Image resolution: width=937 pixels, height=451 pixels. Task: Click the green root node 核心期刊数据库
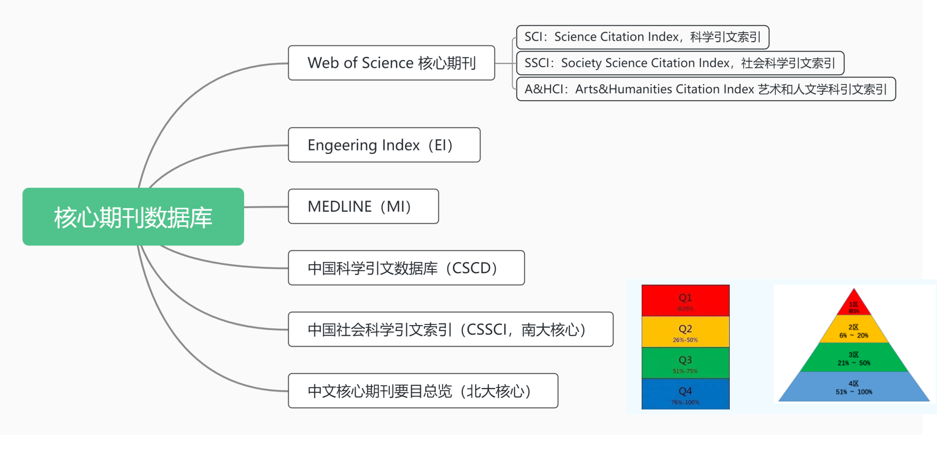click(x=133, y=217)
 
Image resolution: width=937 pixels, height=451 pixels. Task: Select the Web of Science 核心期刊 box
click(x=391, y=63)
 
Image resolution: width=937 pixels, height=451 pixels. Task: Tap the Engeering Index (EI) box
click(x=384, y=145)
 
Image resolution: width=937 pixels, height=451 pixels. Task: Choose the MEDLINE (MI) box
click(x=363, y=206)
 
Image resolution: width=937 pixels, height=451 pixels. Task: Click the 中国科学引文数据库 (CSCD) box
click(x=406, y=267)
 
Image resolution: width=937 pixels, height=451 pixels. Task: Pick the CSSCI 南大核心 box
click(x=450, y=329)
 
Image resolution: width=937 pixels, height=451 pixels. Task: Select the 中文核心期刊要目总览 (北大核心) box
click(x=423, y=391)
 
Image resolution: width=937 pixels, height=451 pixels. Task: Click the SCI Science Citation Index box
click(x=642, y=37)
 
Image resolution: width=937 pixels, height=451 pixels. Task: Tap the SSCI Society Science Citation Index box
click(x=680, y=63)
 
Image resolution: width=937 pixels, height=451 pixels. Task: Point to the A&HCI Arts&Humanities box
click(x=705, y=89)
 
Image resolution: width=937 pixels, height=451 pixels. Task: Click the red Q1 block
click(x=685, y=300)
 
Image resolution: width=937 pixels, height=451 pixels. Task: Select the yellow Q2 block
click(x=685, y=332)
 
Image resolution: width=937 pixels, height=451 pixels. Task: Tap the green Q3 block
click(x=685, y=363)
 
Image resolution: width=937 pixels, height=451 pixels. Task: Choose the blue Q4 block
click(x=685, y=394)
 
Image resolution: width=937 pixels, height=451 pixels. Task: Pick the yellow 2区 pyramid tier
click(x=854, y=330)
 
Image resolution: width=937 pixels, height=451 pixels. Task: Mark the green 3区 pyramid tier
click(x=854, y=358)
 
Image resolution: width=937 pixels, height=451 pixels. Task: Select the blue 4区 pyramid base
click(x=854, y=387)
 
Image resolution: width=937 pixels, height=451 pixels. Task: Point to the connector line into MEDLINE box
click(x=266, y=207)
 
